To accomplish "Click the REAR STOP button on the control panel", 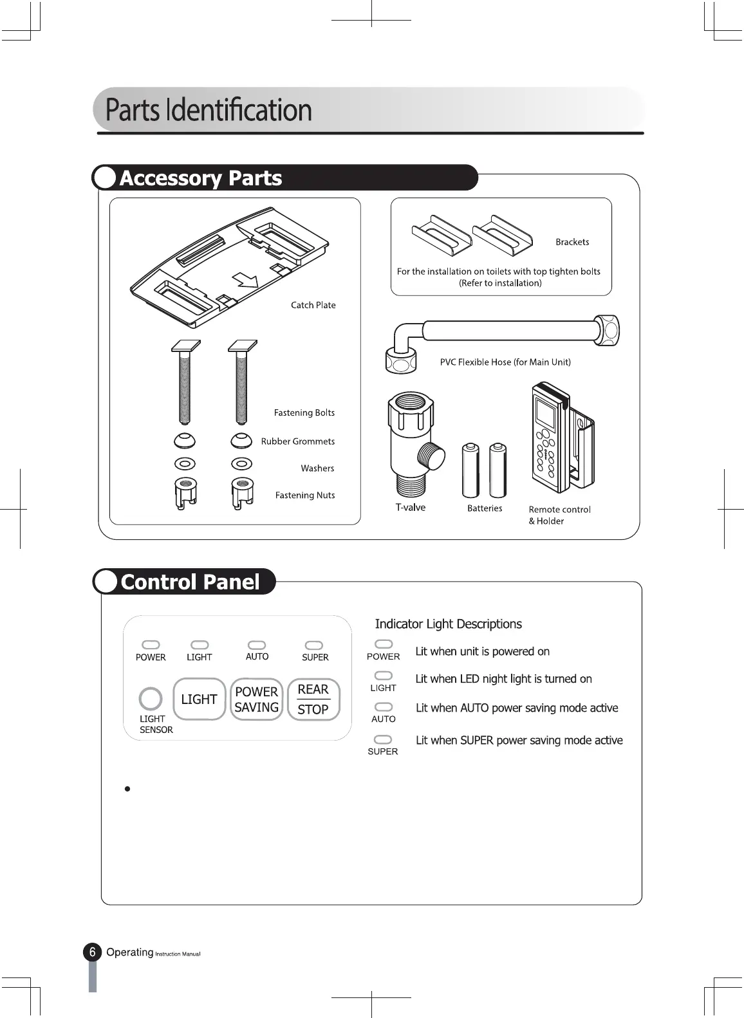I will pyautogui.click(x=313, y=699).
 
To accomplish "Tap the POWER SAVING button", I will pyautogui.click(x=256, y=699).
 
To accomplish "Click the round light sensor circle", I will pyautogui.click(x=151, y=699).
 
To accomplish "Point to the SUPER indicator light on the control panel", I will pyautogui.click(x=314, y=645).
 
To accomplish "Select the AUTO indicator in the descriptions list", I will pyautogui.click(x=384, y=707).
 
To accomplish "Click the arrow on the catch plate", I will pyautogui.click(x=245, y=279).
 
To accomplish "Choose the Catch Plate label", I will pyautogui.click(x=313, y=305).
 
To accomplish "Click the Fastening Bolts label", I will pyautogui.click(x=304, y=412).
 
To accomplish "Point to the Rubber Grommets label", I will pyautogui.click(x=297, y=441).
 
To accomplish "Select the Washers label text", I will pyautogui.click(x=317, y=468).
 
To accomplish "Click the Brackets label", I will pyautogui.click(x=572, y=242).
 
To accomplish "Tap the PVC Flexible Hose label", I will pyautogui.click(x=505, y=362).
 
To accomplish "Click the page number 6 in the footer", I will pyautogui.click(x=93, y=952).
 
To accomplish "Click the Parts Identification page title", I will pyautogui.click(x=209, y=110).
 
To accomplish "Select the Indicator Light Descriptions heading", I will pyautogui.click(x=448, y=624).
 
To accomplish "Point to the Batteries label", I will pyautogui.click(x=485, y=508).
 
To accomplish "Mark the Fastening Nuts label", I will pyautogui.click(x=305, y=495).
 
